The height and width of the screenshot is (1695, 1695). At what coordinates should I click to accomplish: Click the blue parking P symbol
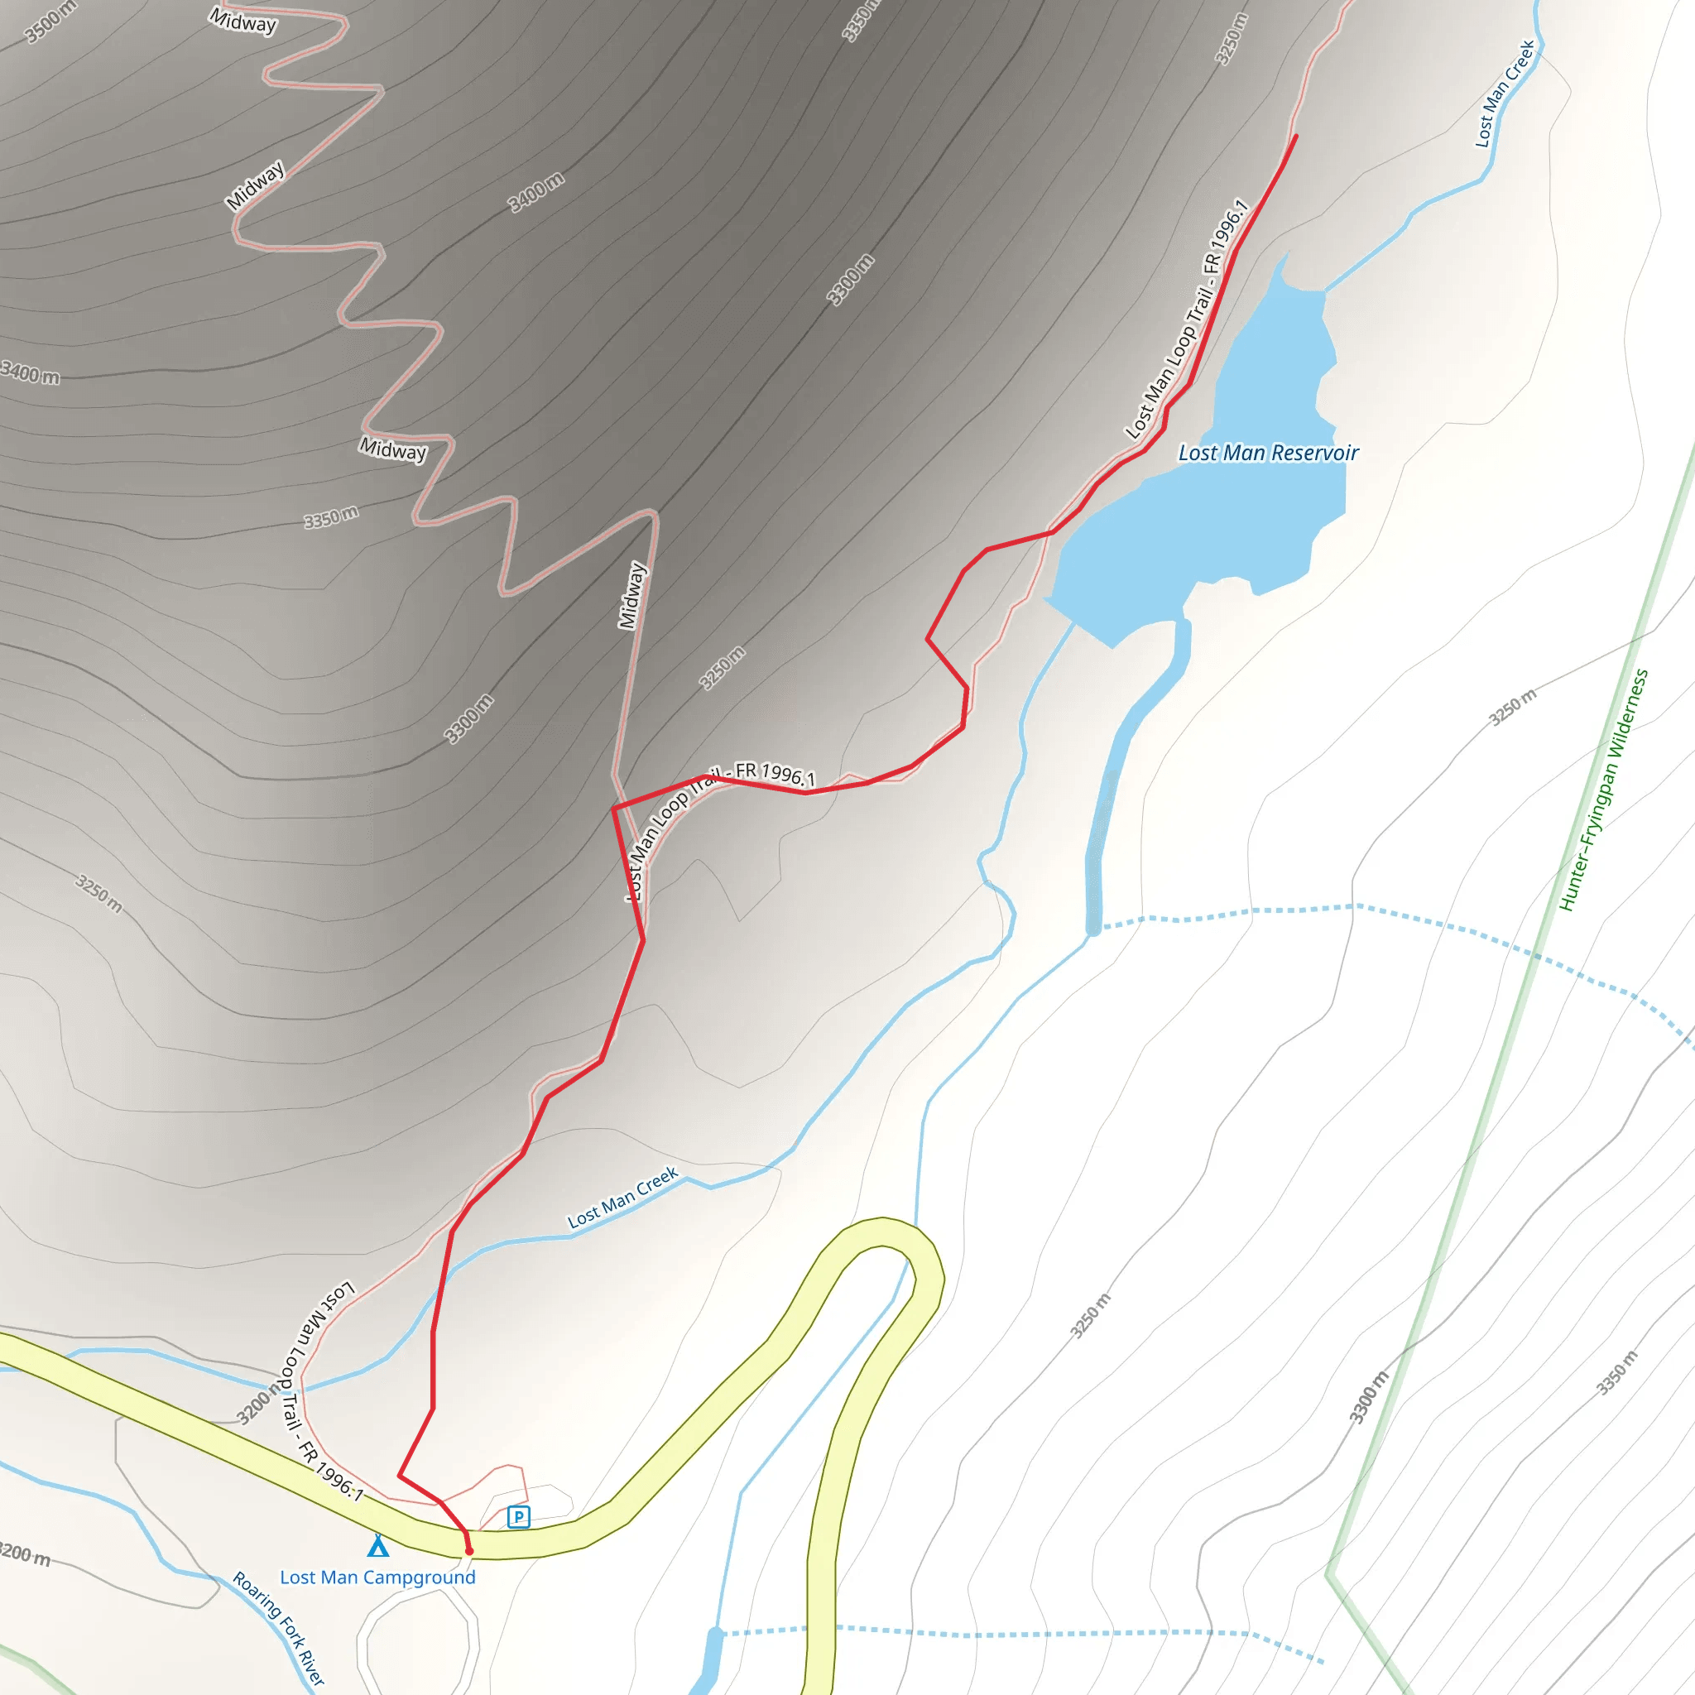[x=518, y=1517]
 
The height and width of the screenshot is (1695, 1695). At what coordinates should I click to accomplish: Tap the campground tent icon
[x=378, y=1545]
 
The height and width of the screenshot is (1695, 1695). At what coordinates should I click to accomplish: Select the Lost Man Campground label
[x=377, y=1577]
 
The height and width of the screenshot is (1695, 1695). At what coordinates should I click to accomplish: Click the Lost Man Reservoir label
[x=1268, y=454]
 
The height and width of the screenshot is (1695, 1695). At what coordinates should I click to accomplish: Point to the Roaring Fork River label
[x=279, y=1628]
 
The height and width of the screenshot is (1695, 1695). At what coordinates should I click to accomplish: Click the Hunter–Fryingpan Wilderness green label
[x=1603, y=790]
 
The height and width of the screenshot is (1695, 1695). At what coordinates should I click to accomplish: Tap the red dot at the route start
[x=469, y=1551]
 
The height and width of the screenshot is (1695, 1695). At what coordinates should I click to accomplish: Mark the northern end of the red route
[x=1296, y=136]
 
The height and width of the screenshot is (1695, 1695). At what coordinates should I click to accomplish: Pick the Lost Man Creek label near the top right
[x=1505, y=93]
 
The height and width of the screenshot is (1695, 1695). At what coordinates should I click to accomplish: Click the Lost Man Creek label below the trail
[x=623, y=1197]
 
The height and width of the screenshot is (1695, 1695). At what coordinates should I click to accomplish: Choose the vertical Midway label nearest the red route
[x=632, y=596]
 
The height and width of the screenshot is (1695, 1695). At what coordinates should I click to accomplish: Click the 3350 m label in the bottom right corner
[x=1617, y=1373]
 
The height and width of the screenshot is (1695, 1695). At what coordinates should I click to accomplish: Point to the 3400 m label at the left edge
[x=31, y=374]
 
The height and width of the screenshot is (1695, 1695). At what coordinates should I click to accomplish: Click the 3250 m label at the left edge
[x=99, y=893]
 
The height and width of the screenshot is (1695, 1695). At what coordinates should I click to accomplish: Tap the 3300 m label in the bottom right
[x=1369, y=1398]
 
